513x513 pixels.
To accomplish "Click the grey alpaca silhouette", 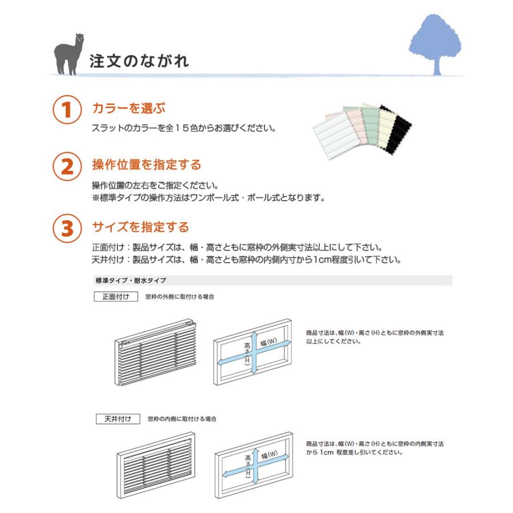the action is (x=68, y=55).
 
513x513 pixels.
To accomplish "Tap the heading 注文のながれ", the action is (x=139, y=61).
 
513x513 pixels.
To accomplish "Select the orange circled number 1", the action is (x=67, y=109).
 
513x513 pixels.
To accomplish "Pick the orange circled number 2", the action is (x=67, y=166).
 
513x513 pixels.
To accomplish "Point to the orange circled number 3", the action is (x=67, y=228).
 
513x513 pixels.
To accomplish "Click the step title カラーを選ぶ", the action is (x=129, y=108).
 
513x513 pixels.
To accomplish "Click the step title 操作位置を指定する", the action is (x=146, y=165).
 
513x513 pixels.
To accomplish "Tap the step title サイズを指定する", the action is (x=141, y=227).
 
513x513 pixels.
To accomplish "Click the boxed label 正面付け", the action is (x=116, y=297).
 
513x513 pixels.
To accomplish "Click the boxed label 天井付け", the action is (x=118, y=419).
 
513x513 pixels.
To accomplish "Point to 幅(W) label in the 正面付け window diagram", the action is (x=268, y=342).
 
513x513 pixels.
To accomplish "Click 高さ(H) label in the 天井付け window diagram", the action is (x=248, y=465).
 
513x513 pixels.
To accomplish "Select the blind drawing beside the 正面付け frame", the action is (x=156, y=352).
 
